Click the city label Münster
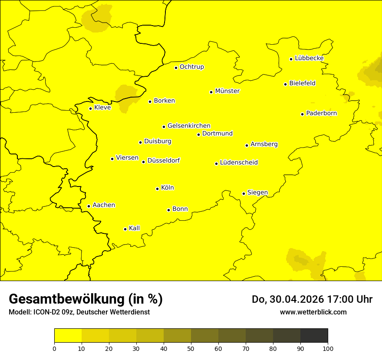point(227,91)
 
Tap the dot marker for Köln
point(158,189)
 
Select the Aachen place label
point(104,205)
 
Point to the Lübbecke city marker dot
point(291,59)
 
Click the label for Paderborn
point(321,113)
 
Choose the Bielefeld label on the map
point(302,83)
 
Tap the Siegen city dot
point(244,193)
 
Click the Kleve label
point(102,108)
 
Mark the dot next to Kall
point(125,229)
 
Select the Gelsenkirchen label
point(189,126)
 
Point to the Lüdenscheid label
point(239,163)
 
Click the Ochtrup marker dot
point(176,68)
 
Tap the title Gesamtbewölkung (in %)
point(86,299)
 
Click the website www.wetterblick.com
point(313,312)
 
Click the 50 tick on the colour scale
point(191,348)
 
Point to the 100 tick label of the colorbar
point(328,348)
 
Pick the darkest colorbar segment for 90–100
point(314,335)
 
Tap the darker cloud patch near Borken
point(125,96)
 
